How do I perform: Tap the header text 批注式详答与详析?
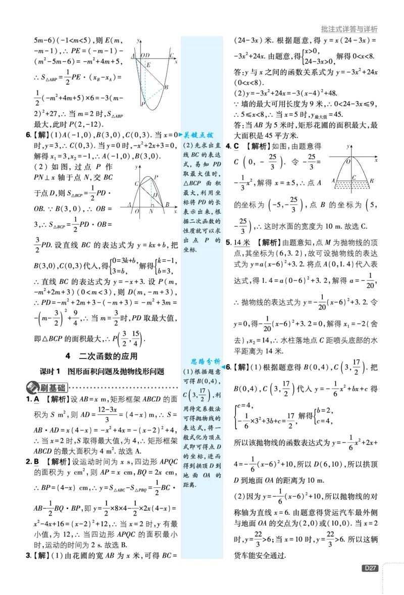pos(349,29)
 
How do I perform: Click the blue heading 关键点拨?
pos(198,135)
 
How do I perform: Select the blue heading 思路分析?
pos(205,361)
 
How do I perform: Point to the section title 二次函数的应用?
pos(108,356)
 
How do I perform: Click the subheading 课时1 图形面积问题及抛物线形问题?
pos(102,371)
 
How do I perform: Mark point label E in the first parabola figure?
pos(148,65)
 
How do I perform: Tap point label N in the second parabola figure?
pos(151,211)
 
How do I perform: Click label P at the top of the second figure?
pos(156,177)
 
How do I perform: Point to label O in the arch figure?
pos(348,162)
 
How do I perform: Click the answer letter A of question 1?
pos(36,399)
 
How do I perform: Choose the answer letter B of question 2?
pos(36,462)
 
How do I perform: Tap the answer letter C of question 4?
pos(236,146)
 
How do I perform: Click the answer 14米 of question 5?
pos(241,242)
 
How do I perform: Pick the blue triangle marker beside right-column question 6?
pos(223,367)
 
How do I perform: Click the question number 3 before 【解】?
pos(28,556)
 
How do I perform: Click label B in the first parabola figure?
pos(166,87)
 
